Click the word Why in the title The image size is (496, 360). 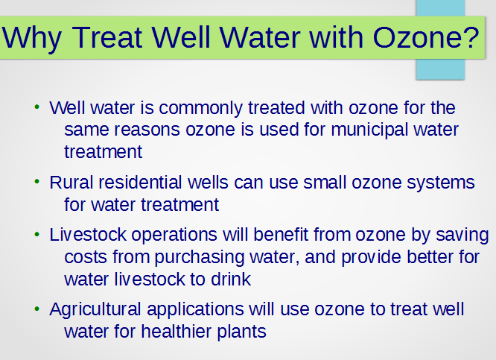[31, 38]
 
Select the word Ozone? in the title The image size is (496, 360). [426, 37]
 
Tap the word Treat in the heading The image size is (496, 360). [107, 37]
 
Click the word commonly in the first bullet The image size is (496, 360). [200, 109]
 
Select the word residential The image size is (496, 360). [141, 183]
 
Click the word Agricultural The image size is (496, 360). [95, 309]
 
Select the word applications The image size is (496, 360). [195, 310]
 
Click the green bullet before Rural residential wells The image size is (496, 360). [37, 182]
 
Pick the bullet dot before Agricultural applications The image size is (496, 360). [37, 309]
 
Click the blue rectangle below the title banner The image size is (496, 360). [440, 69]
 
